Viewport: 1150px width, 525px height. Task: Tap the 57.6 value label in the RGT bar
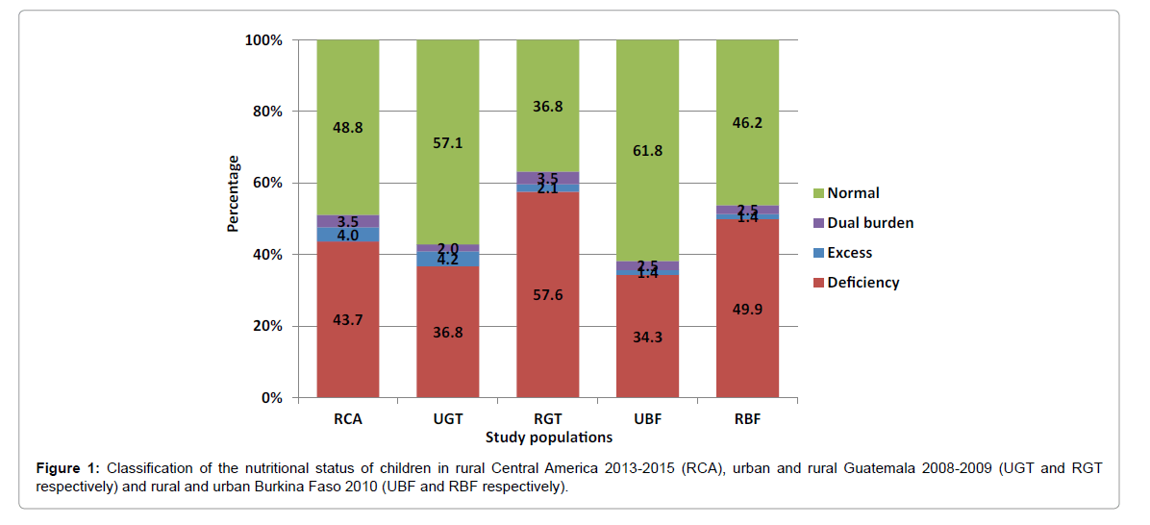pos(547,295)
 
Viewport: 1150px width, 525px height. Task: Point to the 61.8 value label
pos(647,151)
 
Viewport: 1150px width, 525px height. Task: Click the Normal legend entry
pos(853,193)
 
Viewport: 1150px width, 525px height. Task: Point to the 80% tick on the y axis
pos(265,112)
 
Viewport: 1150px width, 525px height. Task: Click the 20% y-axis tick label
pos(265,326)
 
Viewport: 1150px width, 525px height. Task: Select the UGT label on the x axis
pos(447,418)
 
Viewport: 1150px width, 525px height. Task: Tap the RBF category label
pos(747,418)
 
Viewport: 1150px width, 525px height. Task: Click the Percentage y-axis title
pos(233,194)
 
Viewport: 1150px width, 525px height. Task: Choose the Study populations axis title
pos(548,437)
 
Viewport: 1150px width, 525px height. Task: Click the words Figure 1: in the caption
pos(67,468)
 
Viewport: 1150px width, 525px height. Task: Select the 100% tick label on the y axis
pos(262,40)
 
